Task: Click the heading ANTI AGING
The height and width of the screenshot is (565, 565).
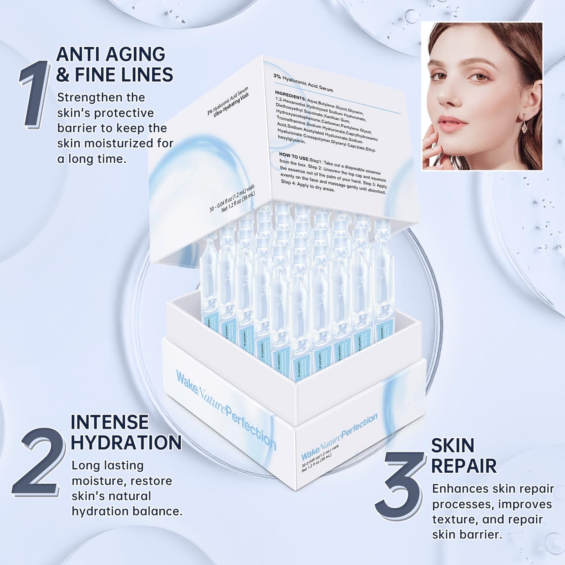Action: point(111,54)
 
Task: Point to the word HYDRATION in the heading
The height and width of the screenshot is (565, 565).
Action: point(126,443)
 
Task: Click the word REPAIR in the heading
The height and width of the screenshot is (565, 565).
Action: point(464,466)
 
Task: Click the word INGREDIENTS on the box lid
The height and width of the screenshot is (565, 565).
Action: point(290,95)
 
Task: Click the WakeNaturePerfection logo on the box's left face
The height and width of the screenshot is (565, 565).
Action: point(226,411)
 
